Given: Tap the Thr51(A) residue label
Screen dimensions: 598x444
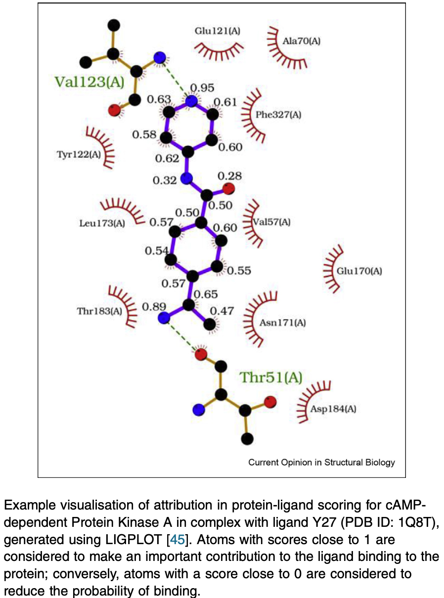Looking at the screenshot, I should (270, 378).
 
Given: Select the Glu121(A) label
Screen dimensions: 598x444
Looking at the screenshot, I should (218, 31).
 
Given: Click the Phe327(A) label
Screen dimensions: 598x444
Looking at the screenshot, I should (278, 115).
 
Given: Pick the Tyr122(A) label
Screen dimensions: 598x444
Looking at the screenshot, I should (79, 155).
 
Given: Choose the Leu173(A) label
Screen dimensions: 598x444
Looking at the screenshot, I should (102, 223).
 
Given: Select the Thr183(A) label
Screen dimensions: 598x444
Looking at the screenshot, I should (99, 311).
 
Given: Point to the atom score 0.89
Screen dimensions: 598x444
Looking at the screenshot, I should (154, 306).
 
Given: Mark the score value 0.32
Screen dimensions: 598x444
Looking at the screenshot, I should (165, 180).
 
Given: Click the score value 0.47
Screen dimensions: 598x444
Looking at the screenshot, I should (222, 311).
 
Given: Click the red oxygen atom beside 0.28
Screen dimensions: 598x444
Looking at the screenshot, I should (228, 189).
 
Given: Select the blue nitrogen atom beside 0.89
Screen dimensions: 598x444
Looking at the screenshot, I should (164, 318).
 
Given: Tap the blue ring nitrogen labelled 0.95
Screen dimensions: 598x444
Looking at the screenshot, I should (191, 102).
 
